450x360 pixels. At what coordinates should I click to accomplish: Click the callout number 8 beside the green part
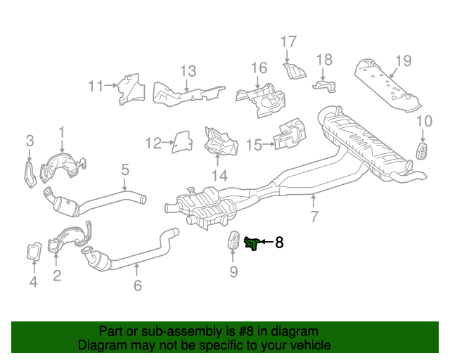point(279,243)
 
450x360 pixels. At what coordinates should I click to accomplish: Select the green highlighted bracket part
point(251,244)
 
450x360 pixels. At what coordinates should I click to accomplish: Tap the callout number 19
point(402,60)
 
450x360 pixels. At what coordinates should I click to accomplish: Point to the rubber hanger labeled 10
point(423,150)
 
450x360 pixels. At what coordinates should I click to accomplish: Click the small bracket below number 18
point(325,86)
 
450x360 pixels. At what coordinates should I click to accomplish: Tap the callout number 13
point(187,70)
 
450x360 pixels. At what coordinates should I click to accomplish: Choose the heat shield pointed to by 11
point(129,88)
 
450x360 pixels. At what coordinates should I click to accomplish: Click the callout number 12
point(153,143)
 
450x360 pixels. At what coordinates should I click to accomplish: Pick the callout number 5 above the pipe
point(125,169)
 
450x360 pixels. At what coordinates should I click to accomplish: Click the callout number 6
point(138,285)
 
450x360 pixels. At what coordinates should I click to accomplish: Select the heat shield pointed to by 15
point(288,136)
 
